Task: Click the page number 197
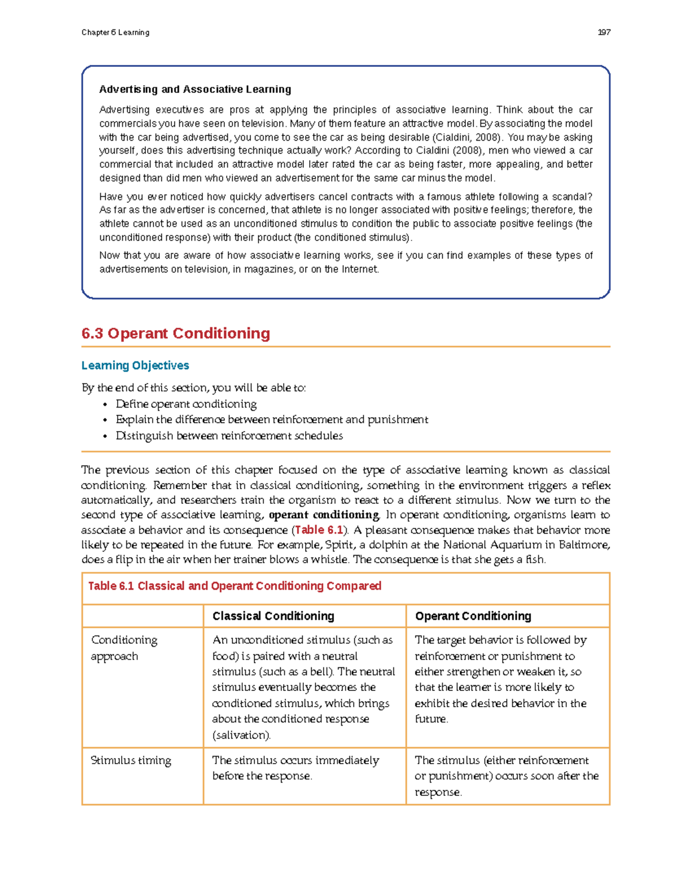[x=604, y=32]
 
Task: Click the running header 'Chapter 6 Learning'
[x=115, y=32]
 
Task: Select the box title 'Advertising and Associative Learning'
[x=195, y=89]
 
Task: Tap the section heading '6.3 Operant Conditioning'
[x=176, y=333]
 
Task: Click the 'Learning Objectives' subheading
[x=135, y=365]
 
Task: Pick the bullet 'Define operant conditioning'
[x=186, y=404]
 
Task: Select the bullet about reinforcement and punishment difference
[x=272, y=420]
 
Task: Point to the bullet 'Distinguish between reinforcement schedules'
[x=229, y=436]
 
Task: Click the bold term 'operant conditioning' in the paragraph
[x=324, y=515]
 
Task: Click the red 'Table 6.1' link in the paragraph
[x=319, y=530]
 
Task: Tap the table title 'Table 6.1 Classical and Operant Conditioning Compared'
[x=234, y=586]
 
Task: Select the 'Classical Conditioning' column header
[x=273, y=616]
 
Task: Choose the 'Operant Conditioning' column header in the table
[x=473, y=616]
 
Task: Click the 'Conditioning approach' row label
[x=124, y=648]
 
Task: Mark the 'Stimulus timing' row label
[x=131, y=760]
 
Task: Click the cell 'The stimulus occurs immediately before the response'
[x=295, y=768]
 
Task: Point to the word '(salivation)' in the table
[x=241, y=735]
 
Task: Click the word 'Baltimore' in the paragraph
[x=584, y=545]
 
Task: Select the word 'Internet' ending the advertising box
[x=360, y=269]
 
